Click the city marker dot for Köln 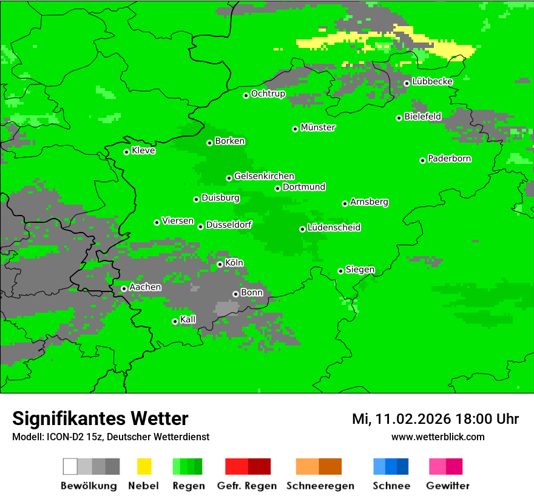tap(220, 264)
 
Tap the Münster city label tap(318, 128)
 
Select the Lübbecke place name tap(432, 81)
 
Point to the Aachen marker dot tap(124, 288)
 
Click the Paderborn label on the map tap(449, 158)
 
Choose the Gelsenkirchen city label tap(264, 176)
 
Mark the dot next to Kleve tap(126, 152)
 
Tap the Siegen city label tap(360, 270)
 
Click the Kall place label tap(188, 319)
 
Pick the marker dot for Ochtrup tap(246, 95)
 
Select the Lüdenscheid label tap(334, 228)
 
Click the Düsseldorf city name tap(229, 225)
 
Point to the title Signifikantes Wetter tap(100, 418)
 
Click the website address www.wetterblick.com tap(438, 437)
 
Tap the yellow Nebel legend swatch tap(144, 466)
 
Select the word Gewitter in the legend tap(447, 486)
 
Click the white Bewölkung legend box tap(70, 466)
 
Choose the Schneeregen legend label tap(320, 486)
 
